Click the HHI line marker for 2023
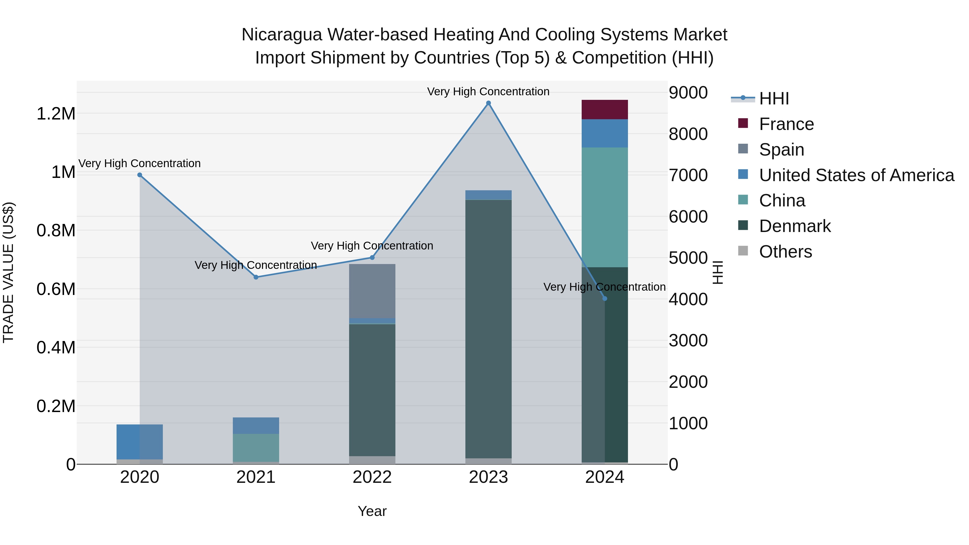[488, 103]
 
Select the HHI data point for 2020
[139, 175]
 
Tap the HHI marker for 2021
[256, 277]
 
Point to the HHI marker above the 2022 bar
[372, 258]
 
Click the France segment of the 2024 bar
[605, 110]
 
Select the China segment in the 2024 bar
[605, 207]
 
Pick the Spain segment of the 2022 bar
[372, 291]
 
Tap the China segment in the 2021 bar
[256, 448]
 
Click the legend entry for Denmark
[795, 226]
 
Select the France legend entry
[786, 124]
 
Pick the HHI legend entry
[774, 99]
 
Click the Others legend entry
[785, 252]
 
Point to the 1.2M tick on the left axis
[56, 114]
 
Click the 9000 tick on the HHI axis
[688, 93]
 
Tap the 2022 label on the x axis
[372, 477]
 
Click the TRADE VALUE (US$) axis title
[8, 272]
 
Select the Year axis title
[372, 511]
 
